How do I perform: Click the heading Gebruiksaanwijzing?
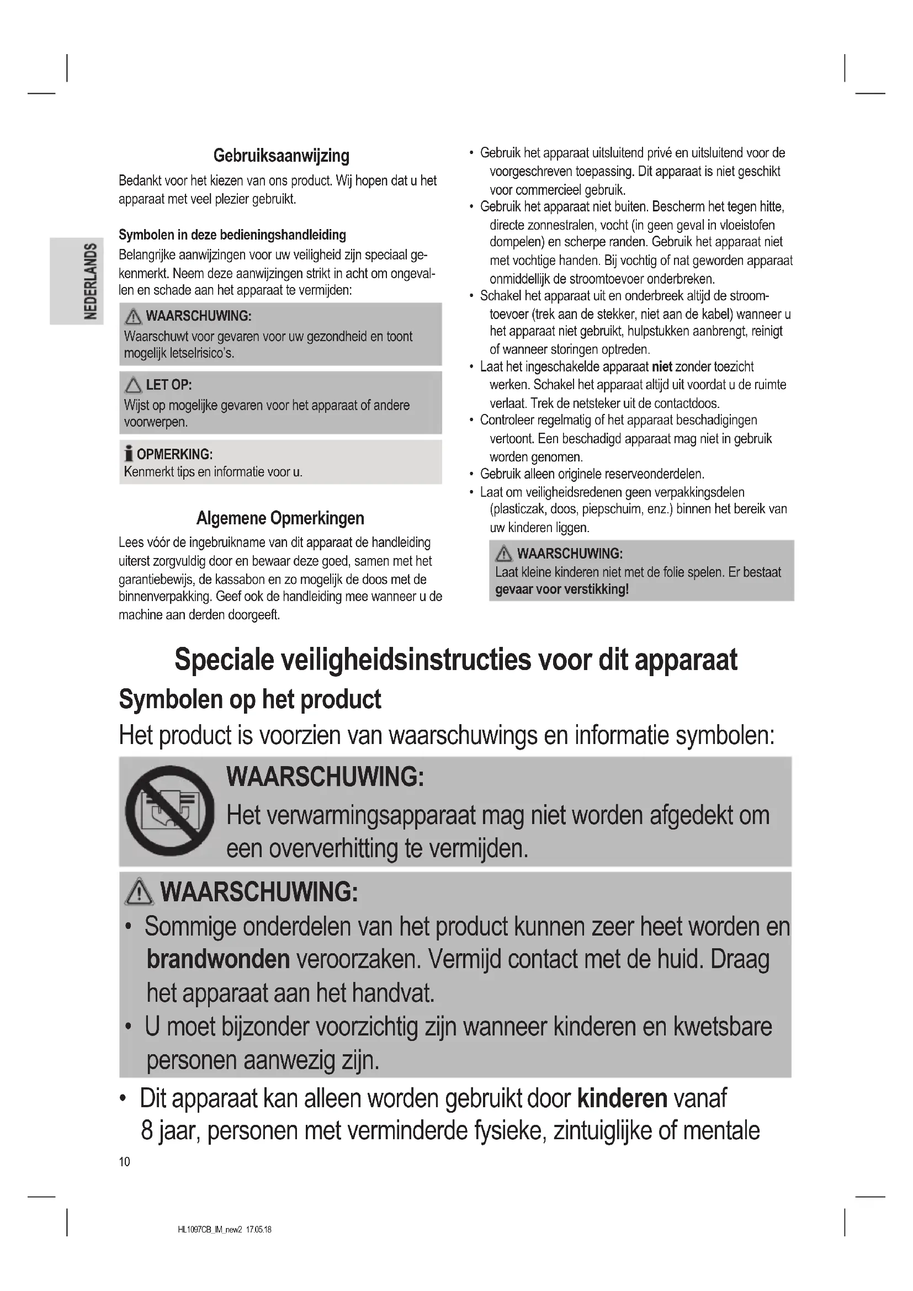click(x=281, y=156)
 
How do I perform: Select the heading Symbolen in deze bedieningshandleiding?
click(x=232, y=235)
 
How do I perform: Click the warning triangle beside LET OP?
click(x=133, y=385)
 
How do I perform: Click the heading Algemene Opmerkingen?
click(x=280, y=518)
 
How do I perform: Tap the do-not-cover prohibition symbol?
click(x=169, y=811)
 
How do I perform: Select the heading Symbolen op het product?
click(x=250, y=699)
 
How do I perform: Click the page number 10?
click(x=124, y=1161)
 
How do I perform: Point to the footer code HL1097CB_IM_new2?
click(x=209, y=1229)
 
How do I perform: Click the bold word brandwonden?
click(x=218, y=959)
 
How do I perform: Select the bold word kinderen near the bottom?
click(x=622, y=1098)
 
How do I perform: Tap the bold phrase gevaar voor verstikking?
click(x=561, y=589)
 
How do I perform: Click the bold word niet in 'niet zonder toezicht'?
click(x=662, y=367)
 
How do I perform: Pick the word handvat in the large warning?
click(x=393, y=993)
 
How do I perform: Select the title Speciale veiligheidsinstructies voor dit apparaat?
click(x=455, y=660)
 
